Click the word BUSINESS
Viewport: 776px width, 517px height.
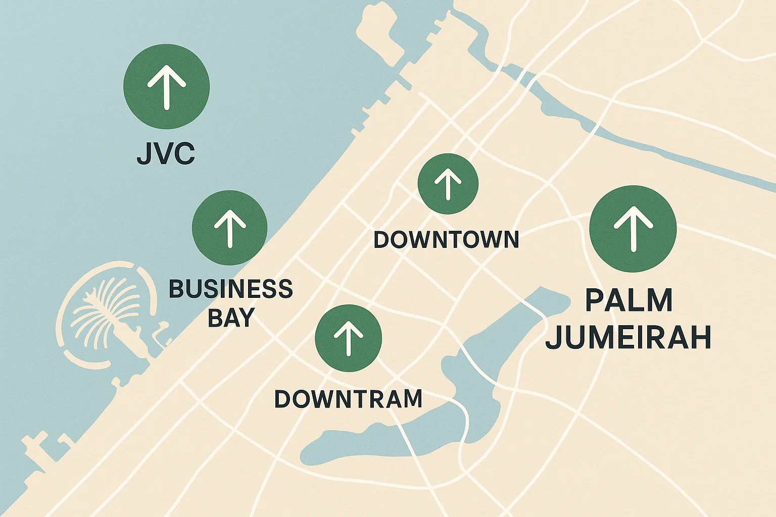tap(230, 289)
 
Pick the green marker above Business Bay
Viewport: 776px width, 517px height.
tap(230, 228)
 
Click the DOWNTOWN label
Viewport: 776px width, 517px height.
tap(446, 239)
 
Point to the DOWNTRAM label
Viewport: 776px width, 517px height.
tap(348, 399)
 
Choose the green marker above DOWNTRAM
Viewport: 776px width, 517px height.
tap(348, 338)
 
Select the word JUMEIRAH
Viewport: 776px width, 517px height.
tap(628, 338)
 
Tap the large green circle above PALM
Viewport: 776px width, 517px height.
tap(633, 229)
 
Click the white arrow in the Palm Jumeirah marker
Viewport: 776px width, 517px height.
tap(633, 229)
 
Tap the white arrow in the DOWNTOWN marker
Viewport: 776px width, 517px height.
tap(448, 184)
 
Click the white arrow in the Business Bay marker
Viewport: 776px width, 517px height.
tap(230, 228)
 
